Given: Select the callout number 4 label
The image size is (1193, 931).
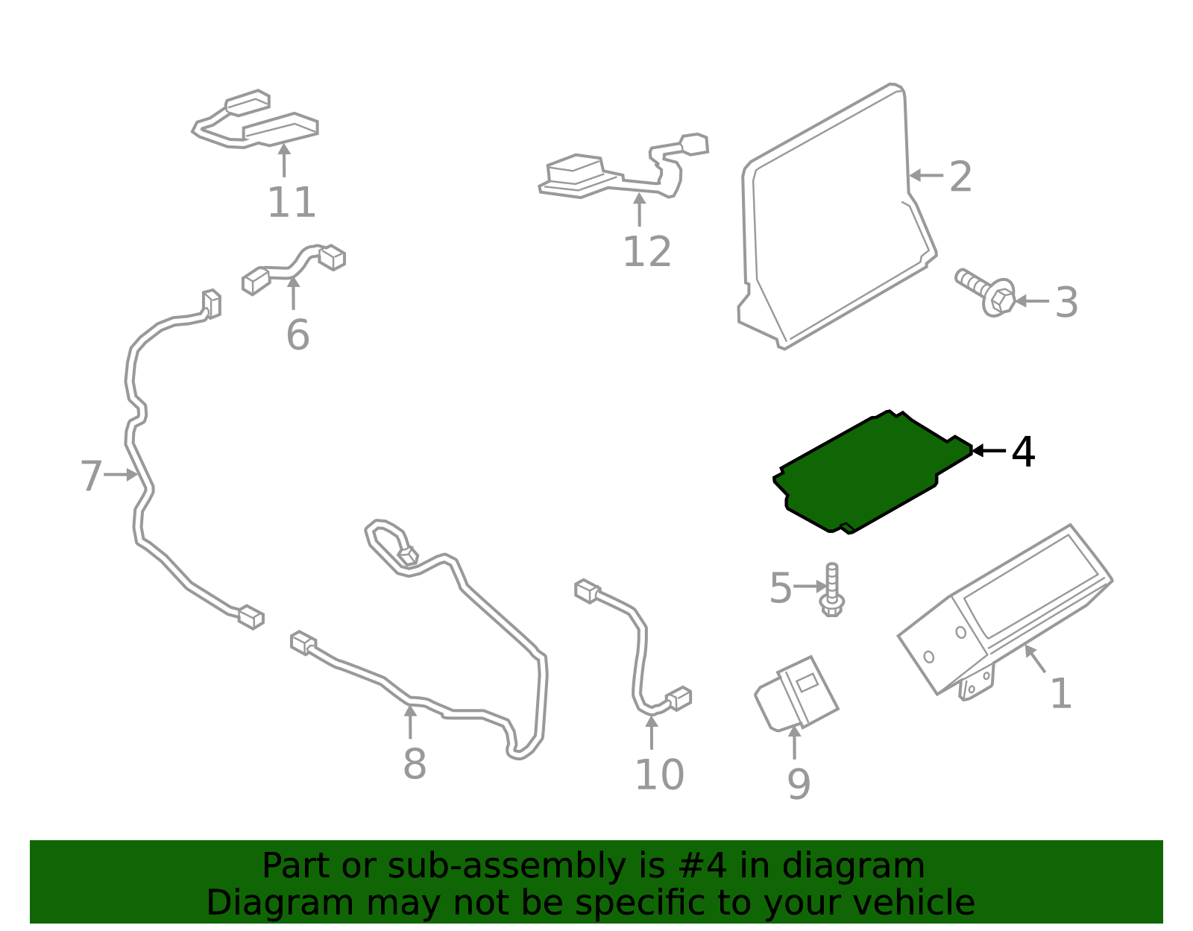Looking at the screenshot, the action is click(x=1023, y=452).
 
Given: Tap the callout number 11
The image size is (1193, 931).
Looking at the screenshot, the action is click(x=292, y=203).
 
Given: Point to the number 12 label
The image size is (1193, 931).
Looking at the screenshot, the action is click(x=646, y=252).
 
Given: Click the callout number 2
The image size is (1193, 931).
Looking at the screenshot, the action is click(x=960, y=177).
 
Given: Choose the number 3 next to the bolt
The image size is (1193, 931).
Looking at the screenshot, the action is click(x=1067, y=303).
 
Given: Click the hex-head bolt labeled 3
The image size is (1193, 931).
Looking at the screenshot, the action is click(x=985, y=292).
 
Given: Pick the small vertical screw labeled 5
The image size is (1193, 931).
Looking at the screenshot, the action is click(x=832, y=590).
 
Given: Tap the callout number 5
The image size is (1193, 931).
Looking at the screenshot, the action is click(x=780, y=588).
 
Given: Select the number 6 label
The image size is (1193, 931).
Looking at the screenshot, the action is click(x=298, y=335).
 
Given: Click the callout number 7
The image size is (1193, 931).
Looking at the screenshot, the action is click(x=91, y=476).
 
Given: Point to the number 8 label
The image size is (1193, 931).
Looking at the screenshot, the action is click(x=415, y=763).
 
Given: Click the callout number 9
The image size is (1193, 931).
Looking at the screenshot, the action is click(x=799, y=784).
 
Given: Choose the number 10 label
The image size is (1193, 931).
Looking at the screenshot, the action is click(x=659, y=775).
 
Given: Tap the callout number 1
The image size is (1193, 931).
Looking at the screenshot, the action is click(x=1061, y=694).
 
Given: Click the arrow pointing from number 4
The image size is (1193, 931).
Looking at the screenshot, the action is click(x=989, y=450).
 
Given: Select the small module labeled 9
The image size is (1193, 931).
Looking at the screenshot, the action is click(x=796, y=694).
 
